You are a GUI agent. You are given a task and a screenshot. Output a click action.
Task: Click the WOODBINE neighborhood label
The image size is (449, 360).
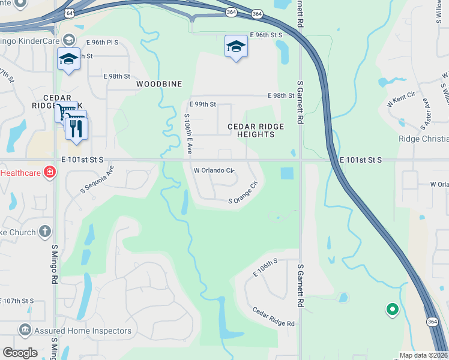coord(159,84)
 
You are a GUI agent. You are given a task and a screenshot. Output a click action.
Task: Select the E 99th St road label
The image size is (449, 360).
coord(203,104)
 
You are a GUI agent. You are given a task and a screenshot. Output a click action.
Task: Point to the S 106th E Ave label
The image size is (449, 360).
coord(187,134)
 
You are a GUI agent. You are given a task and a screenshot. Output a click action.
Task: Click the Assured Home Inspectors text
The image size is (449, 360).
coord(83,331)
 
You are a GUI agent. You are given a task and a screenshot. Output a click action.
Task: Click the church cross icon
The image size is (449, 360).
coord(45,231)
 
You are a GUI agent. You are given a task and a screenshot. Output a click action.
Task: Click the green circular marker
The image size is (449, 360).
coord(392,310)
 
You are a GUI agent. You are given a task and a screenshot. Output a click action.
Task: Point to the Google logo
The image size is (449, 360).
coord(20,353)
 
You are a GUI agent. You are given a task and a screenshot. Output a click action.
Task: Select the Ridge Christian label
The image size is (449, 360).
coord(423,139)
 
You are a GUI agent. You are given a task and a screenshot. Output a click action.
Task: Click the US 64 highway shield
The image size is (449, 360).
coord(70,13)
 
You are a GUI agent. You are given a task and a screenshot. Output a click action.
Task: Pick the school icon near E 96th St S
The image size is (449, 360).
coord(236,47)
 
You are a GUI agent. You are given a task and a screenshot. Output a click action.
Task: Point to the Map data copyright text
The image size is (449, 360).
coord(424,355)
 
